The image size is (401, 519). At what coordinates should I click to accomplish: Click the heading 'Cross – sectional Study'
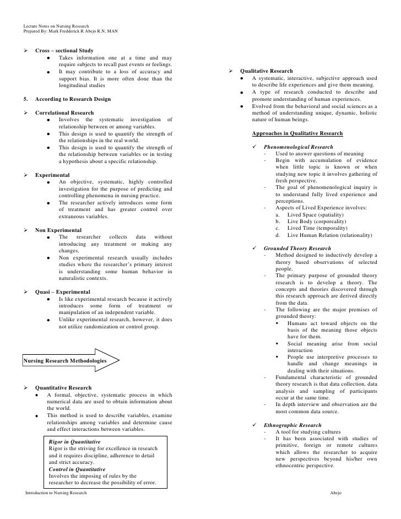[x=64, y=51]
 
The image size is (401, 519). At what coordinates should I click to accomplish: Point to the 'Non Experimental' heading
[x=58, y=230]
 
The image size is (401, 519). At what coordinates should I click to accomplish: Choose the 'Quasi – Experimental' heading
[x=62, y=292]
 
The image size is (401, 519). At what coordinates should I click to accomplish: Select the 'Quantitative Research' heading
[x=63, y=388]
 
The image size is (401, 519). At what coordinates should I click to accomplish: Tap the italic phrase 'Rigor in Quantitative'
[x=74, y=442]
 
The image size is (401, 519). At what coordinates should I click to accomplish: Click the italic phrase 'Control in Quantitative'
[x=77, y=469]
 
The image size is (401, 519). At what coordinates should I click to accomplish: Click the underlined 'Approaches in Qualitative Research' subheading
[x=297, y=133]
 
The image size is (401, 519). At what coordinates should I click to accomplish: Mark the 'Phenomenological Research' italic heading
[x=298, y=147]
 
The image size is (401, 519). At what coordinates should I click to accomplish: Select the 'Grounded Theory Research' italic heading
[x=297, y=248]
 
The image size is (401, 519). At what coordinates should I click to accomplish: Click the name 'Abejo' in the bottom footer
[x=335, y=492]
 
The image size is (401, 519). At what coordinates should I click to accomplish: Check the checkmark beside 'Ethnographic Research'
[x=254, y=425]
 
